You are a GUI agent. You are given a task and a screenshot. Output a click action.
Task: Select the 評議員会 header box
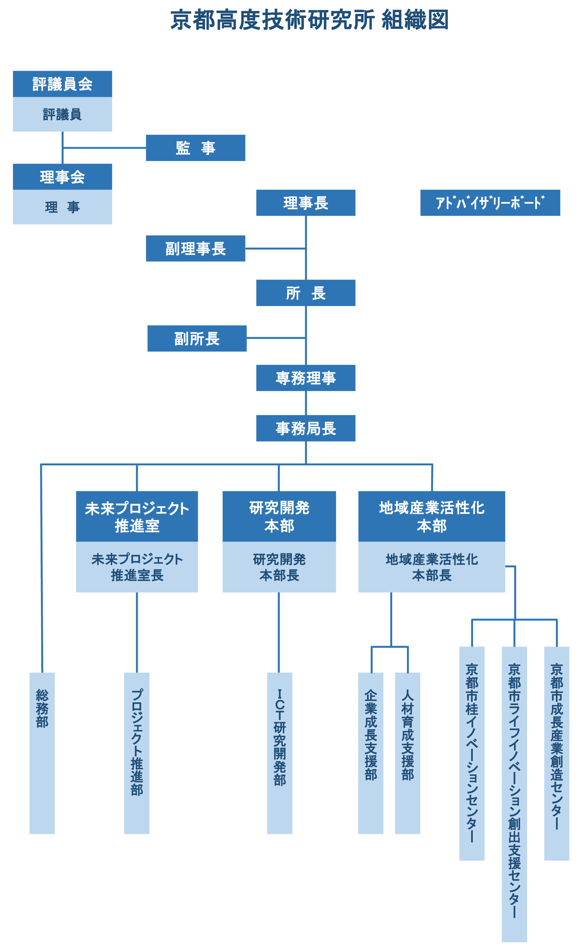click(62, 84)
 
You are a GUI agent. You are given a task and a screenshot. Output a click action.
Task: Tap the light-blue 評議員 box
click(62, 114)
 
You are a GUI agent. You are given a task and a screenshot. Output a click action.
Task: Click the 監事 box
click(195, 148)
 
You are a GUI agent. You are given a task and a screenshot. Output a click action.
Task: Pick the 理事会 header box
click(62, 177)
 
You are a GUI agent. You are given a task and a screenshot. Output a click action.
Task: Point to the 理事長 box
click(306, 203)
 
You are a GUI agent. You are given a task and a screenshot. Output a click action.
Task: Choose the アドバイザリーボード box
click(490, 203)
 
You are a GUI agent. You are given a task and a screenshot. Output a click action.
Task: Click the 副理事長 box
click(195, 248)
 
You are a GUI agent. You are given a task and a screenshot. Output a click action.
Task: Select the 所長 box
click(306, 293)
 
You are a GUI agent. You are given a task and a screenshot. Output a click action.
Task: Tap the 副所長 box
click(197, 339)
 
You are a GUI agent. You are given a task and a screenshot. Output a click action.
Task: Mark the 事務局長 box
click(306, 428)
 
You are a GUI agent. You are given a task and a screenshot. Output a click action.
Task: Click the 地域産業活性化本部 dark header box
click(431, 516)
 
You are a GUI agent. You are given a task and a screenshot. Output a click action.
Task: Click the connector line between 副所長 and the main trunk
click(276, 338)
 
